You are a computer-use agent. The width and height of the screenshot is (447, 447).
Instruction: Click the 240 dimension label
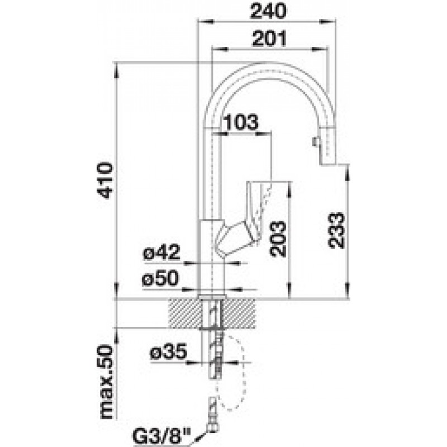click(x=268, y=11)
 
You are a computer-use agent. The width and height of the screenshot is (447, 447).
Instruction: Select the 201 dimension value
click(x=269, y=39)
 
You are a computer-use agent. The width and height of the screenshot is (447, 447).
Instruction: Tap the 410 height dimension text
click(x=105, y=180)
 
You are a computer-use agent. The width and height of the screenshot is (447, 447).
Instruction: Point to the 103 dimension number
click(x=241, y=122)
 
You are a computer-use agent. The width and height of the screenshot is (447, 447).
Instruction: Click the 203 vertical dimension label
click(x=278, y=239)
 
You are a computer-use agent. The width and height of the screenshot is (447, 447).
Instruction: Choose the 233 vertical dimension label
click(x=336, y=230)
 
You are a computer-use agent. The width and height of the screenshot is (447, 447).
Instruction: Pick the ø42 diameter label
click(x=161, y=252)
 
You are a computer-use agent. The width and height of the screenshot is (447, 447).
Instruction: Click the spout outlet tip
click(x=327, y=163)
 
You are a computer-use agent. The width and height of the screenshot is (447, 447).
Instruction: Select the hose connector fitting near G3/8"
click(x=213, y=414)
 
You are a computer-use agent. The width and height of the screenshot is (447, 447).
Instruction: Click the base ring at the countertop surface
click(x=212, y=297)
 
